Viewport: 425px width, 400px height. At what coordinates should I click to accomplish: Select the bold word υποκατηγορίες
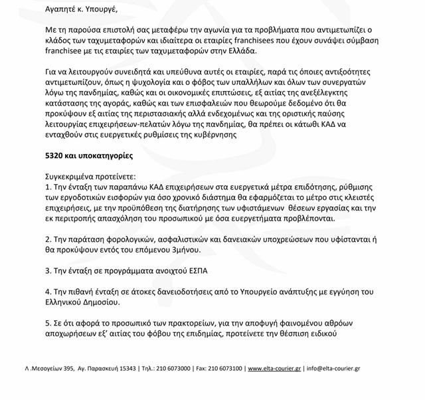tap(105, 157)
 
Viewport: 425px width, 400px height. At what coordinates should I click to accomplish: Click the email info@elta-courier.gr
tap(335, 368)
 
